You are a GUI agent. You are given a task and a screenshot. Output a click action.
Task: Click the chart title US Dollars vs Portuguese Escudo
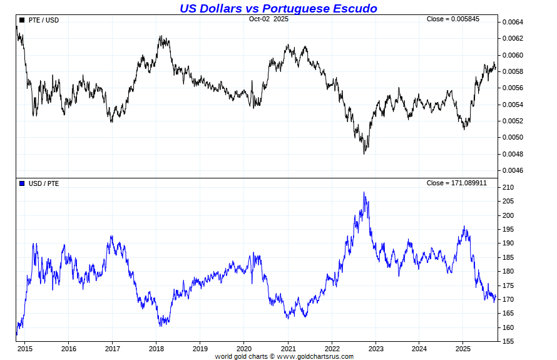[278, 8]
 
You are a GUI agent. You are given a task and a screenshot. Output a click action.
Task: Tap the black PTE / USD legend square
[22, 20]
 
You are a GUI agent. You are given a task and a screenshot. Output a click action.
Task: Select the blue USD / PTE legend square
[22, 183]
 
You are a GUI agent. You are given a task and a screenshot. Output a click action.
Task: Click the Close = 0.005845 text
[453, 19]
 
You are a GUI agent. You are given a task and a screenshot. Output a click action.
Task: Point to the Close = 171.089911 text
[456, 183]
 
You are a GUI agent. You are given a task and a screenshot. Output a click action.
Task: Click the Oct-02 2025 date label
[268, 19]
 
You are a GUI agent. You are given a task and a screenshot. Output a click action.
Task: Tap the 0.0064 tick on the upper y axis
[512, 23]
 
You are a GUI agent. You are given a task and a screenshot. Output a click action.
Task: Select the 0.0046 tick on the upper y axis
[512, 170]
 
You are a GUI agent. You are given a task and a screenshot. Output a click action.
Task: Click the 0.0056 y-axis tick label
[512, 88]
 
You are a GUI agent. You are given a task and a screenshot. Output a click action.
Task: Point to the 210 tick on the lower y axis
[507, 187]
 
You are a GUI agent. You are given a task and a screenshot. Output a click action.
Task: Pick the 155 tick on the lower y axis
[507, 341]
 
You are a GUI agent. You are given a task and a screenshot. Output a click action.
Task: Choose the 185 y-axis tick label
[507, 257]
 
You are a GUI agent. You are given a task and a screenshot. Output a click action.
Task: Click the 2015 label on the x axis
[25, 349]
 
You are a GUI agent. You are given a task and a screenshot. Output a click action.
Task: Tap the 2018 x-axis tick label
[156, 349]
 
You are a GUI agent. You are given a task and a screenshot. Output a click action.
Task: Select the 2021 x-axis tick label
[288, 349]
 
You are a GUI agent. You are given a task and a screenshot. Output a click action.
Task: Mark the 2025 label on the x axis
[462, 349]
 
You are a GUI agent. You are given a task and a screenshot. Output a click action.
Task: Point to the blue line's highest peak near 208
[364, 193]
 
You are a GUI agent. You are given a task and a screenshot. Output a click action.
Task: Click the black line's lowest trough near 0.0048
[364, 153]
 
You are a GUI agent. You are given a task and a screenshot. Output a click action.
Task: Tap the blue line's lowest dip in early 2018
[161, 326]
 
